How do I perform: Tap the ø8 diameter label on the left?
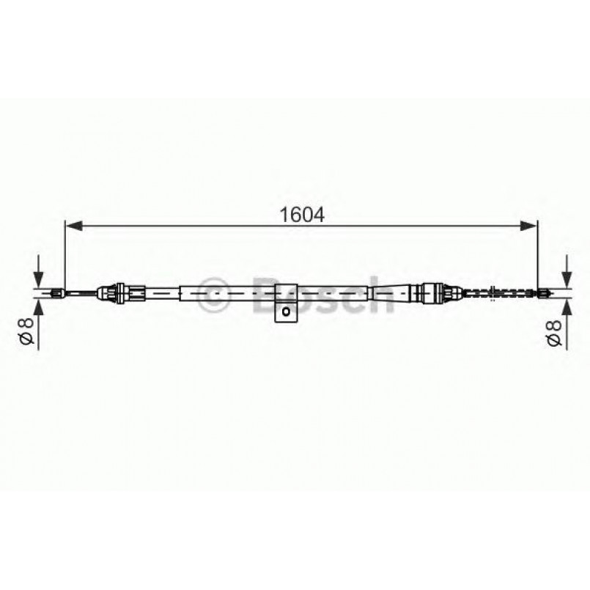tap(26, 331)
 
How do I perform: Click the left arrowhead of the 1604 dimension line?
tap(73, 227)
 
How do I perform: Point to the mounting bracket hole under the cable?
tap(286, 312)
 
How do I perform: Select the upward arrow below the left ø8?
tap(37, 306)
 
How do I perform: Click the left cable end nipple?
tap(56, 294)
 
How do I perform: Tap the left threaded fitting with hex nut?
tap(121, 294)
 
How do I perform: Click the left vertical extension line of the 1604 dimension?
tap(65, 257)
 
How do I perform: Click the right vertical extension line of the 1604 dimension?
tap(539, 257)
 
